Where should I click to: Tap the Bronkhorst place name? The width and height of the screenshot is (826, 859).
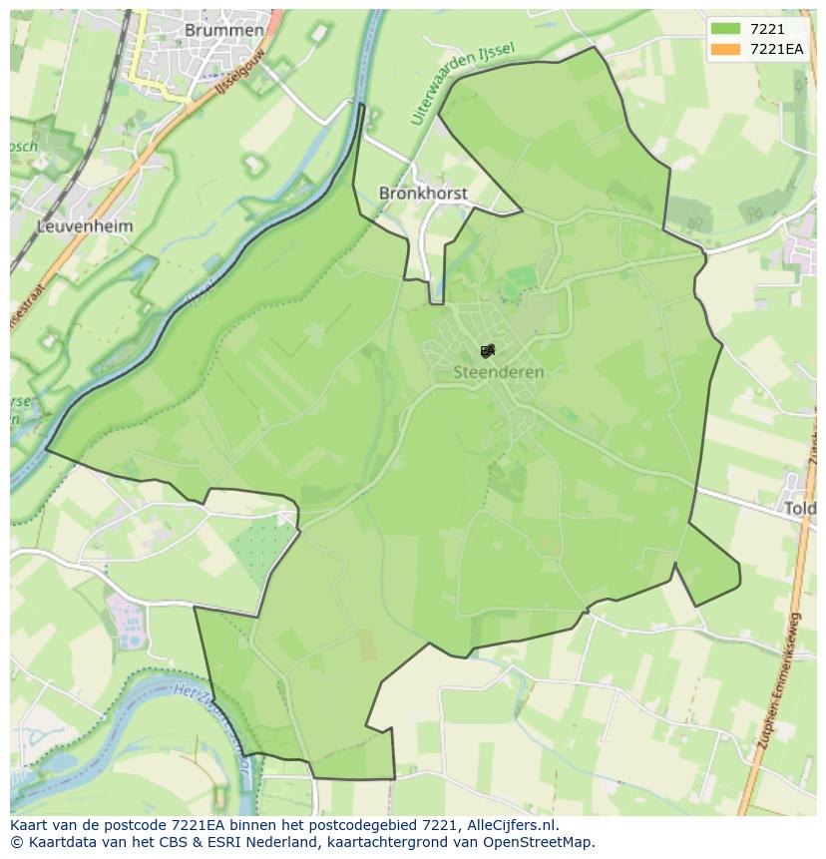coord(423,193)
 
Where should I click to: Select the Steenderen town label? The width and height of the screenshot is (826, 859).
coord(499,372)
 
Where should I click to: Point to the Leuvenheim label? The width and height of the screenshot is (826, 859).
coord(85,226)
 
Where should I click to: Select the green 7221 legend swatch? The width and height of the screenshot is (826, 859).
coord(725,29)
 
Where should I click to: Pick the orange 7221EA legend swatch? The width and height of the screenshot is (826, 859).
coord(725,49)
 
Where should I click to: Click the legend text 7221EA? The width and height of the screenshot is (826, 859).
coord(776,49)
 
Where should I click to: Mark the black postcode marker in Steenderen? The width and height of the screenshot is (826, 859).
coord(487,350)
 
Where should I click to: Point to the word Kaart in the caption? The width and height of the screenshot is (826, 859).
coord(30,825)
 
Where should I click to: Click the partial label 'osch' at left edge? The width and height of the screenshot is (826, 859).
coord(22,146)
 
